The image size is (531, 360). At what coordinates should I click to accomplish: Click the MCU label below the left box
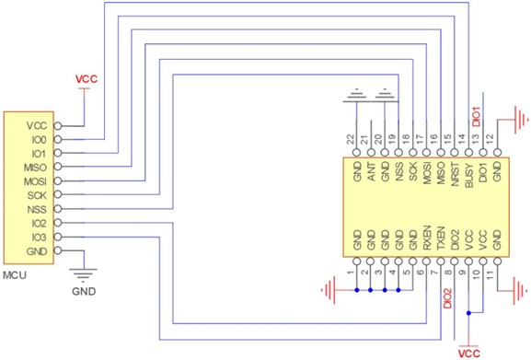click(16, 275)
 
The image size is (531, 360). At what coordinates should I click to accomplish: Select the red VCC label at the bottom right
click(468, 352)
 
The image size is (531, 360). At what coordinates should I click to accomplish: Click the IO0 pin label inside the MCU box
click(37, 140)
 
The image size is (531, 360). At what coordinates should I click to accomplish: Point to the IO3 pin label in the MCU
click(37, 238)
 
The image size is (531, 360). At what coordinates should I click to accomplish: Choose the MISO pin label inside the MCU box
click(33, 168)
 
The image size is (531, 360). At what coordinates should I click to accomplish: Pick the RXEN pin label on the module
click(426, 240)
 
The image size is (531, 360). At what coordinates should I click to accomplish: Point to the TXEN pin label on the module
click(440, 240)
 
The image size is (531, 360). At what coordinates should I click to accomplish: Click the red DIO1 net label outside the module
click(476, 115)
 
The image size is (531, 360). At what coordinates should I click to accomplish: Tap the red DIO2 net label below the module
click(448, 298)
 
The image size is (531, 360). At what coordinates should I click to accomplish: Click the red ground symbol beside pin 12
click(521, 119)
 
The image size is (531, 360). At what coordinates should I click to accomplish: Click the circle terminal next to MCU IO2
click(59, 224)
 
